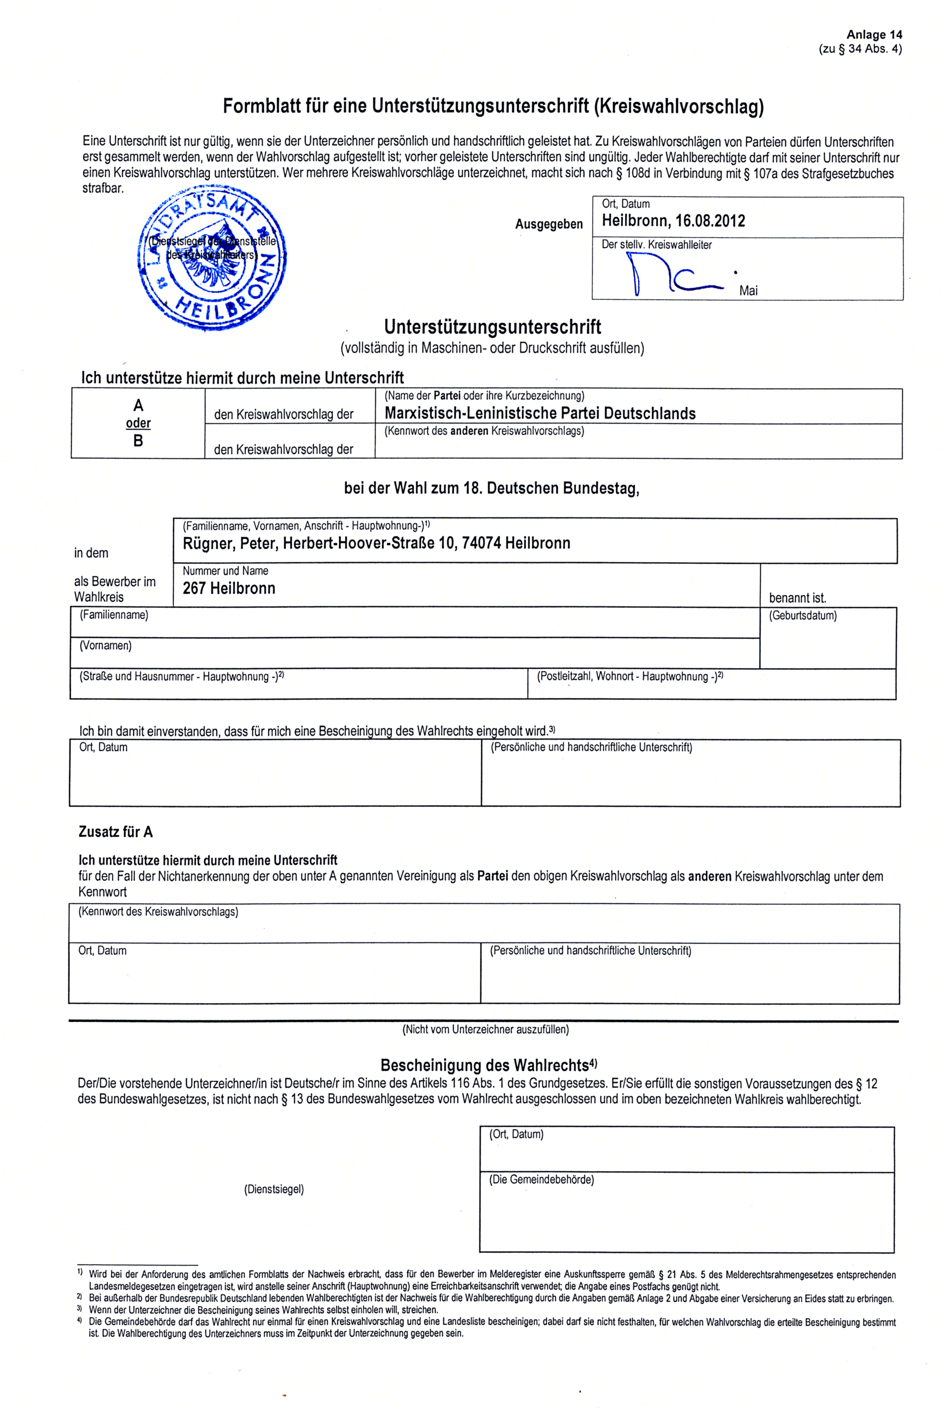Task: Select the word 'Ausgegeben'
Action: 549,224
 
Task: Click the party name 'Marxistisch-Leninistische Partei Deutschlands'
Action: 540,413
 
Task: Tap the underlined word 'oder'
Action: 138,423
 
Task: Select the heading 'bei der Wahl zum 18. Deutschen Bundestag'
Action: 492,488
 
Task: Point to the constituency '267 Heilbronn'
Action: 229,588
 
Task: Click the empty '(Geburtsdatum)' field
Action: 827,643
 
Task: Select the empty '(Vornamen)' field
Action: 414,655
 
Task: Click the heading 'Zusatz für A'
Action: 115,832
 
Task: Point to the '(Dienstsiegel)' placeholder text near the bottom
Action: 273,1189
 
